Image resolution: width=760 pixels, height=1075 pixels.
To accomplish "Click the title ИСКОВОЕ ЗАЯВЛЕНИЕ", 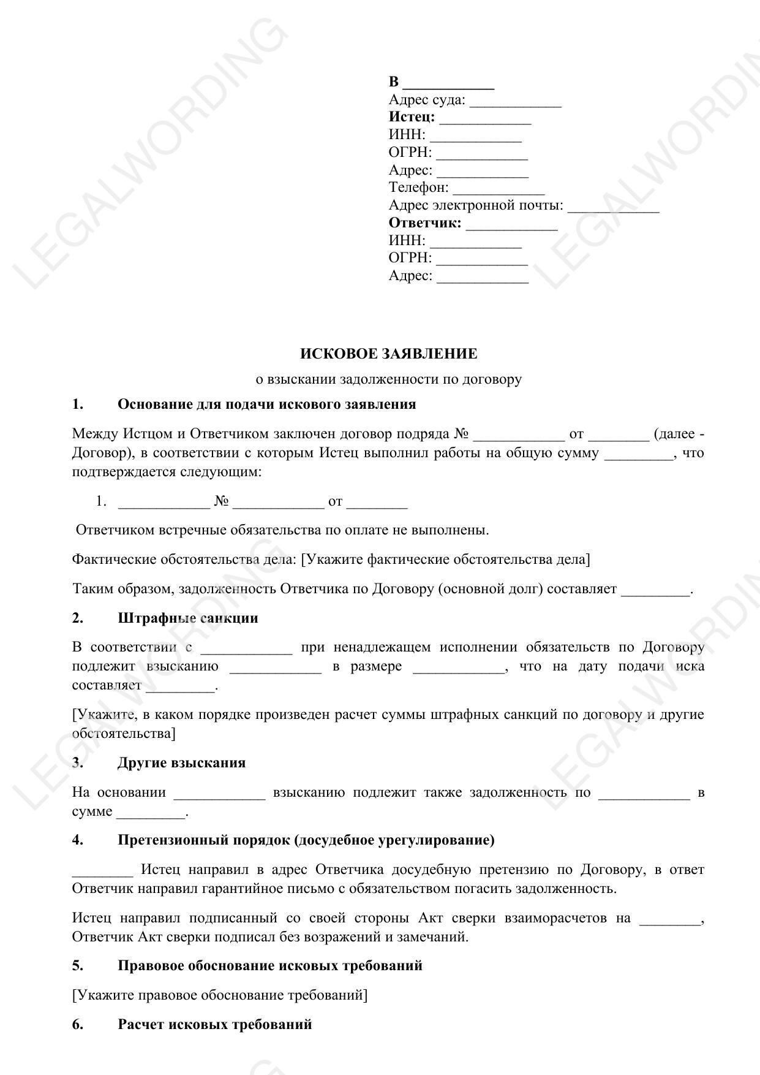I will [388, 354].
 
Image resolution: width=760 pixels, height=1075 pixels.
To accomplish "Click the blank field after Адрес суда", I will [515, 101].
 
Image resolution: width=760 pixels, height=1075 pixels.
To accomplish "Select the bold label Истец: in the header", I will [412, 117].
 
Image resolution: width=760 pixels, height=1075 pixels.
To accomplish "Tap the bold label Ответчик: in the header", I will [425, 223].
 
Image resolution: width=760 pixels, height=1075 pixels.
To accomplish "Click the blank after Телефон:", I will [498, 189].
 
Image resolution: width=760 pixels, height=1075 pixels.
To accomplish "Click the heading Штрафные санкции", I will [187, 618].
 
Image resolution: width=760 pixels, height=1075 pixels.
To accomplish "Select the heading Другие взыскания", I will [181, 763].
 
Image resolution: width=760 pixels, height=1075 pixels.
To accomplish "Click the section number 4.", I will [78, 840].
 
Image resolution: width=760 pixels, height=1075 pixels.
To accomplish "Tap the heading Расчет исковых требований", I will [214, 1025].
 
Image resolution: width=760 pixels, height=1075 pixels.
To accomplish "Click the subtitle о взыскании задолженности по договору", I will [388, 379].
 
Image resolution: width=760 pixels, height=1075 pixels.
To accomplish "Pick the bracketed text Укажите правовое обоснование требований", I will [220, 995].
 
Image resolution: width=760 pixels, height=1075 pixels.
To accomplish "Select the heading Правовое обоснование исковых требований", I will [269, 966].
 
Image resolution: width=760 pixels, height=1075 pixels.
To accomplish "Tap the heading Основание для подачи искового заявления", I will [266, 405].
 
